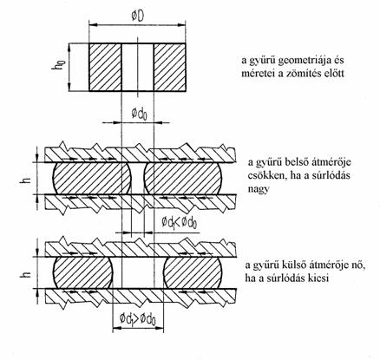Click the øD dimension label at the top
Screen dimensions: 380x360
[138, 16]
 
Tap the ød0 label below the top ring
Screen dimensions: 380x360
[140, 114]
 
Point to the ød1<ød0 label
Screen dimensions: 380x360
[180, 222]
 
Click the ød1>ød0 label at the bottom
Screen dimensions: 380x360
[138, 318]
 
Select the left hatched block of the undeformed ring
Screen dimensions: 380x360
[105, 68]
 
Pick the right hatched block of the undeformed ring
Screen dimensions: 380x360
[169, 68]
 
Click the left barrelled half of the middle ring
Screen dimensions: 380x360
[92, 178]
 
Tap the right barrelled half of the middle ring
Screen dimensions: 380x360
[183, 178]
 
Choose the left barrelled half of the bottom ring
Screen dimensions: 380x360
[82, 273]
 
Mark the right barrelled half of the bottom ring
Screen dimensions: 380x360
[193, 273]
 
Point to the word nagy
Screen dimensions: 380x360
[259, 189]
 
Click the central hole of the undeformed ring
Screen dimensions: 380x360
[137, 68]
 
